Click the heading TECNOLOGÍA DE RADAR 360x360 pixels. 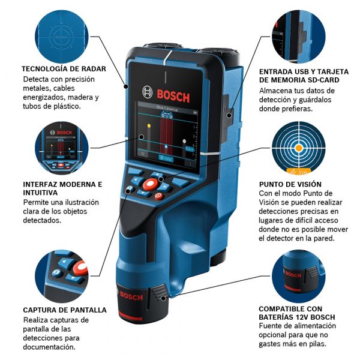click(64, 69)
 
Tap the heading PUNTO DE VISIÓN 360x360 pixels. click(290, 184)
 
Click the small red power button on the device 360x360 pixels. click(158, 196)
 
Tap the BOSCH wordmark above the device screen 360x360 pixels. click(173, 94)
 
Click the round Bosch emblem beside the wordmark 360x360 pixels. click(148, 92)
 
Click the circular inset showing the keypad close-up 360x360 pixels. click(64, 274)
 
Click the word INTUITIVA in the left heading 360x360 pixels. click(41, 193)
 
